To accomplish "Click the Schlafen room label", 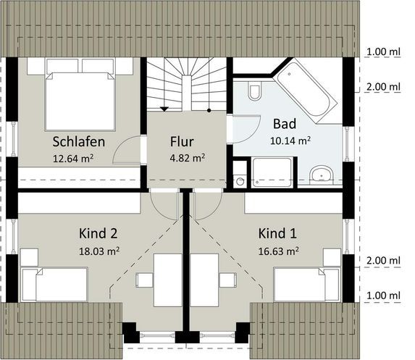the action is [x=79, y=142].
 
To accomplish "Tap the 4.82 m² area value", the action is [x=188, y=158].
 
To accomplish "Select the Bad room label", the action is [x=285, y=124].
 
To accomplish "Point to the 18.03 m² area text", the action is [x=99, y=251].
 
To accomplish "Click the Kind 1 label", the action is [x=277, y=233].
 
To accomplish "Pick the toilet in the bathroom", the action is [x=255, y=91].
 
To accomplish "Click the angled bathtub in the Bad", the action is [x=305, y=91].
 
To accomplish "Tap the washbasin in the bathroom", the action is [x=322, y=175].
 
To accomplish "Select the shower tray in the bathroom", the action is [x=272, y=172].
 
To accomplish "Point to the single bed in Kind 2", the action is [x=54, y=285].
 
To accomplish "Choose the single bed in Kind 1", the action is [x=307, y=285].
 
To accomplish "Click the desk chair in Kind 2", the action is [x=144, y=280].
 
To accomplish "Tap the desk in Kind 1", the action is [x=204, y=280].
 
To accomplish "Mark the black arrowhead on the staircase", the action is [x=164, y=109].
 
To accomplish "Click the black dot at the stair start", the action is [x=209, y=110].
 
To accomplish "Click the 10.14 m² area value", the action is [x=290, y=141].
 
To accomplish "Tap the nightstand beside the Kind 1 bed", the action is [x=332, y=257].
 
